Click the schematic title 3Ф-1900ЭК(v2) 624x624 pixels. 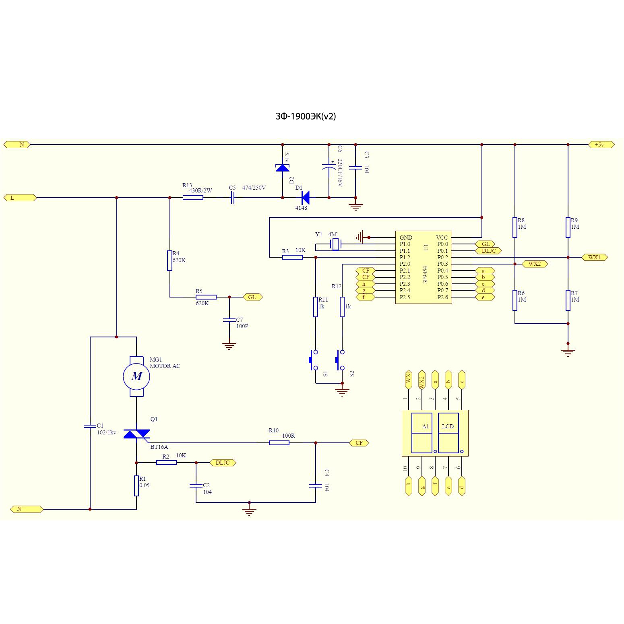tap(306, 116)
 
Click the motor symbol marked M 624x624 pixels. tap(136, 376)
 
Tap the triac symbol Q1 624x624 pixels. tap(136, 434)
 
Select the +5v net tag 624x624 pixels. tap(601, 145)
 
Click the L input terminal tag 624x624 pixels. tap(20, 198)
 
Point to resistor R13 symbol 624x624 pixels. tap(193, 198)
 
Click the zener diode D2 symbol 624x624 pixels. tap(283, 168)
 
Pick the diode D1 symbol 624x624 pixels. tap(306, 198)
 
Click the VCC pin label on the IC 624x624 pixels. tap(442, 238)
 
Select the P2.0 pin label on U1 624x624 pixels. tap(405, 264)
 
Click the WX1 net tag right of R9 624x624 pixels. tap(594, 257)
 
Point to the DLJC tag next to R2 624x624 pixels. tap(223, 463)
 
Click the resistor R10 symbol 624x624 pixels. tap(279, 443)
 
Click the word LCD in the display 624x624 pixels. tap(448, 426)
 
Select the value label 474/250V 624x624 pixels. tap(254, 188)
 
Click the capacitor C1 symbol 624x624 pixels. tap(90, 426)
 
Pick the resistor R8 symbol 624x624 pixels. tap(515, 227)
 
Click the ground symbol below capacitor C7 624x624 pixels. tap(229, 345)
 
